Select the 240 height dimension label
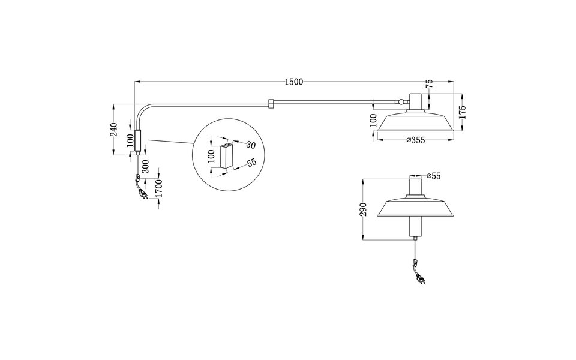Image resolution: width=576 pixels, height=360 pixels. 113,129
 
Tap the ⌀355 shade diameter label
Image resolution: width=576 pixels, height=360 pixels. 415,140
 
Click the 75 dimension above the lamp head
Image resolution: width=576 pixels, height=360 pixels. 430,85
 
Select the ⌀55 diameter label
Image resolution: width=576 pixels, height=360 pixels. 433,176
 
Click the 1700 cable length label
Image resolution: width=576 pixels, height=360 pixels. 158,188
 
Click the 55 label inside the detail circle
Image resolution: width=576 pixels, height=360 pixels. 251,162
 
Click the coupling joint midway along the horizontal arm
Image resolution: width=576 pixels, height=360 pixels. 271,104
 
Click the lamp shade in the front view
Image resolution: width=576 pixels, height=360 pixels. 415,208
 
